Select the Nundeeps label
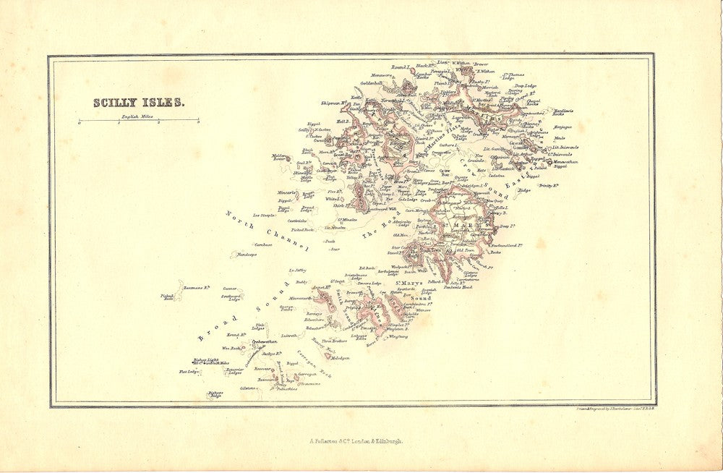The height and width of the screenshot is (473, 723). coord(247,255)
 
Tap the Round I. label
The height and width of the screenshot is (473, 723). coord(401,67)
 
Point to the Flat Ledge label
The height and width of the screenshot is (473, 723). coord(189,372)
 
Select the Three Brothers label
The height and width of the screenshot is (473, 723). coord(336,340)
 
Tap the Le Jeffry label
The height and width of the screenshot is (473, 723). coord(298,269)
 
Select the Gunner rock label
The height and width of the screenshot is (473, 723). coord(231,288)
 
